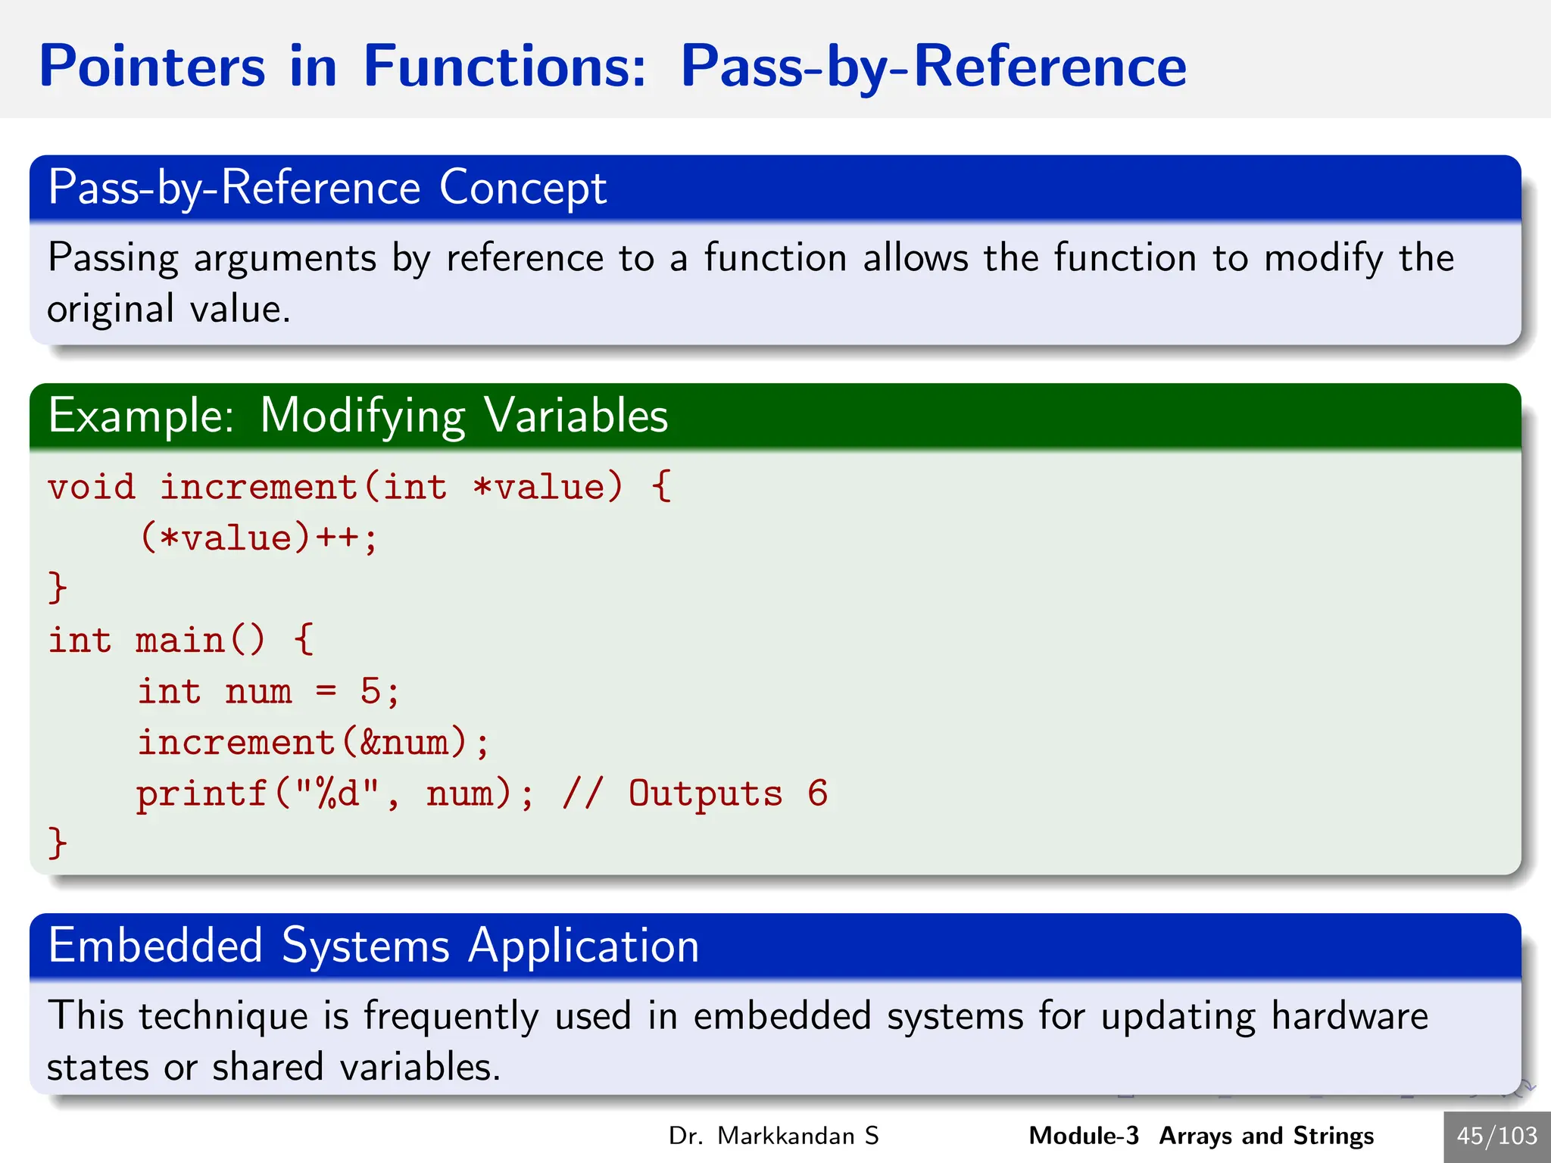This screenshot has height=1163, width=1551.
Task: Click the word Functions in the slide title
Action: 504,67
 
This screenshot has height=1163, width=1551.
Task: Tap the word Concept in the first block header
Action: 523,188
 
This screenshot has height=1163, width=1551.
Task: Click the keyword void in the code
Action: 91,487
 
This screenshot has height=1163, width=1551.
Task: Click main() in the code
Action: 200,641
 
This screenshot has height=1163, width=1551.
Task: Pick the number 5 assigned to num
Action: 370,691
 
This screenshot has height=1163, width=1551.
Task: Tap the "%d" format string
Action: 336,794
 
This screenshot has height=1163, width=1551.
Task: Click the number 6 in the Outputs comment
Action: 817,794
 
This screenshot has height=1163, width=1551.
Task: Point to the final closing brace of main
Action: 58,843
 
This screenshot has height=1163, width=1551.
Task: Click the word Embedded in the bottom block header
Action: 154,946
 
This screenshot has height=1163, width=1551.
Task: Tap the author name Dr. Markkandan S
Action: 773,1136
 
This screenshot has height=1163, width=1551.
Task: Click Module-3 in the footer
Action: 1083,1136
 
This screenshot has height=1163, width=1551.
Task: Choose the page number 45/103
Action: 1496,1136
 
